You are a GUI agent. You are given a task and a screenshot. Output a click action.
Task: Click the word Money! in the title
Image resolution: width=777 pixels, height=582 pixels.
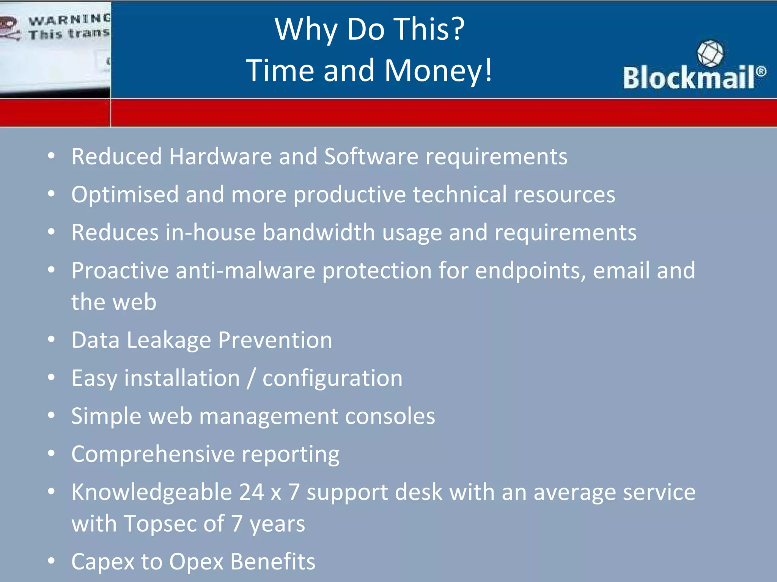coord(438,70)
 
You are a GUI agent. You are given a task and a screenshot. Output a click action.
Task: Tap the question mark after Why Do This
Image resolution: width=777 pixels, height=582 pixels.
coord(458,30)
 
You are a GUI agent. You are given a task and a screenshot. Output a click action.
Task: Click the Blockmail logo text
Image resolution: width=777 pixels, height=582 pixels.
coord(689,77)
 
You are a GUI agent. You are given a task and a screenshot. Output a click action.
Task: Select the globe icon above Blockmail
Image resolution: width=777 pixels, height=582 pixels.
coord(710,53)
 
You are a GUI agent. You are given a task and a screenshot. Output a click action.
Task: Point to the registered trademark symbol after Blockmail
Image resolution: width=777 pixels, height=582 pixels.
coord(761,71)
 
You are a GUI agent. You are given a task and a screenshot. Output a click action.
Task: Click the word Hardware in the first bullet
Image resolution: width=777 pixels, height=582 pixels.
coord(220,156)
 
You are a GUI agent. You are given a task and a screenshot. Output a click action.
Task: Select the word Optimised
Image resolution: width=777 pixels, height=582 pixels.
coord(125,195)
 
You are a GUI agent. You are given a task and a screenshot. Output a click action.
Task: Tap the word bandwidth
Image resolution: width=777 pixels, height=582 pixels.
coord(319,232)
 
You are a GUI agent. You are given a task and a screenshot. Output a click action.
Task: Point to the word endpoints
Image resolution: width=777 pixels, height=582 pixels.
coord(530,271)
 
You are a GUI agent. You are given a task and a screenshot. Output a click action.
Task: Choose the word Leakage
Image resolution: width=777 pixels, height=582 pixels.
coord(168,340)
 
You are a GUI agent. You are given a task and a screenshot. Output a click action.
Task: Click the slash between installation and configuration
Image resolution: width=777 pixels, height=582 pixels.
coord(251,378)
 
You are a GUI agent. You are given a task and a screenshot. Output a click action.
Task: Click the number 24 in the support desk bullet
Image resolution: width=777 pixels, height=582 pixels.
coord(251,492)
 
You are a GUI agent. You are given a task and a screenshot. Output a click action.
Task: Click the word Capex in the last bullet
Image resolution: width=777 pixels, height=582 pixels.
coord(103,562)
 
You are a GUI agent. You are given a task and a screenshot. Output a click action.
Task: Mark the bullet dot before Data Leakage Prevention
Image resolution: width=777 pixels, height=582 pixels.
coord(52,339)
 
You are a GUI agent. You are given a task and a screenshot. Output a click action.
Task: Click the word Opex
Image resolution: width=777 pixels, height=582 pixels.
coord(196,562)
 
